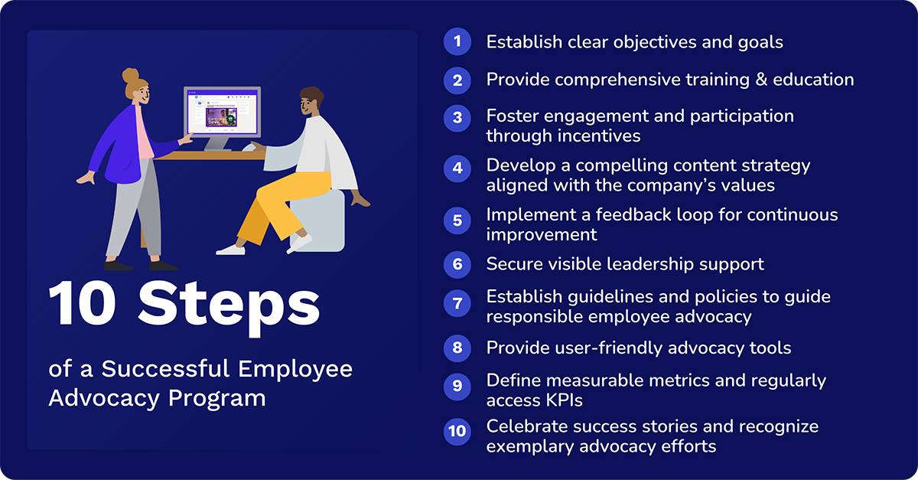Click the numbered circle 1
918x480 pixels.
[457, 41]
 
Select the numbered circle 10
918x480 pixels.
[457, 432]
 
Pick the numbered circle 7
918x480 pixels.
[457, 304]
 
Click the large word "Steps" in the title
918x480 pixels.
[229, 305]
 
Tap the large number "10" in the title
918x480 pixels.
[84, 305]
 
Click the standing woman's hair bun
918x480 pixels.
[131, 76]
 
